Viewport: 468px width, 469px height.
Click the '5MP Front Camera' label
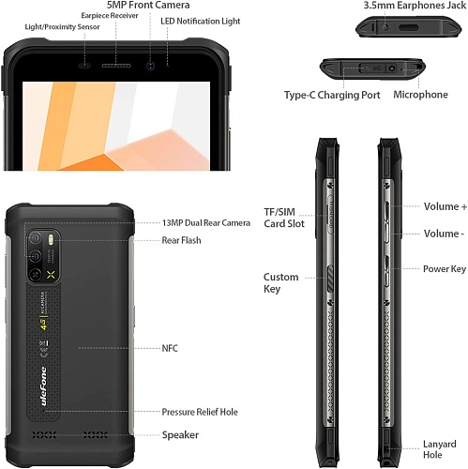point(148,5)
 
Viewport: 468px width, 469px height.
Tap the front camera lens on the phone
point(151,66)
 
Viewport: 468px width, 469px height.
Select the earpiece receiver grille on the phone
point(116,66)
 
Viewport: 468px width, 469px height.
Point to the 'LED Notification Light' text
point(201,22)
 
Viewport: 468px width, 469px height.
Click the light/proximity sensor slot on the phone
point(84,66)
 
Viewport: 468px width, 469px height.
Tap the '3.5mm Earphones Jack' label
point(415,6)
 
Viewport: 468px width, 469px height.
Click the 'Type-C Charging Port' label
point(332,95)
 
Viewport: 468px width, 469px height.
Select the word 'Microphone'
point(420,95)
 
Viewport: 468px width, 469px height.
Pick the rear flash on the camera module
point(51,240)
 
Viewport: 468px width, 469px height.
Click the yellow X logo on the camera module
point(51,275)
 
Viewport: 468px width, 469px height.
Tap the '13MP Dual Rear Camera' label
point(206,223)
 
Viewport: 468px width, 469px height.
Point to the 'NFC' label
point(170,348)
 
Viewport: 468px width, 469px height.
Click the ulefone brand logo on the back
point(43,386)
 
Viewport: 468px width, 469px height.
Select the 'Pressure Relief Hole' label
point(200,412)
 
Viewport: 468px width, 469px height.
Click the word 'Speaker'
point(180,435)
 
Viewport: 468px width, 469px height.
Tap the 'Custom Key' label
point(280,283)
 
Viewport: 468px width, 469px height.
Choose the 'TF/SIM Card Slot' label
point(284,218)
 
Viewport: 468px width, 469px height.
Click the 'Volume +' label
point(445,206)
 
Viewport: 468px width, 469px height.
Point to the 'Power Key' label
point(445,269)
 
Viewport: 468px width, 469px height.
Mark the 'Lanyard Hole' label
point(440,449)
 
